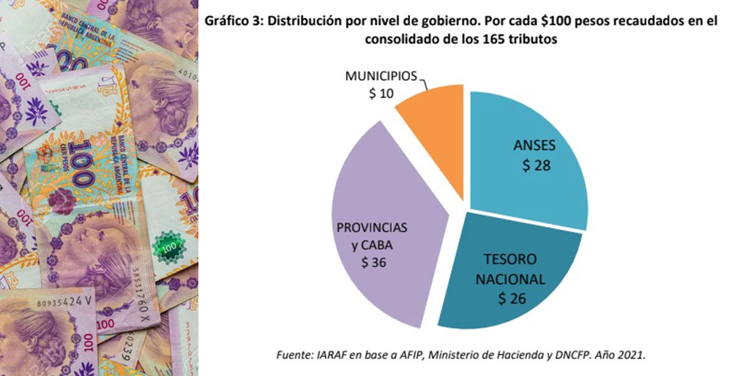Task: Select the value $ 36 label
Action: [375, 261]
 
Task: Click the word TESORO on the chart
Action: [510, 260]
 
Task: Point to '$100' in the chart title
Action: [553, 22]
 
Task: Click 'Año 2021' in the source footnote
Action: [619, 355]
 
